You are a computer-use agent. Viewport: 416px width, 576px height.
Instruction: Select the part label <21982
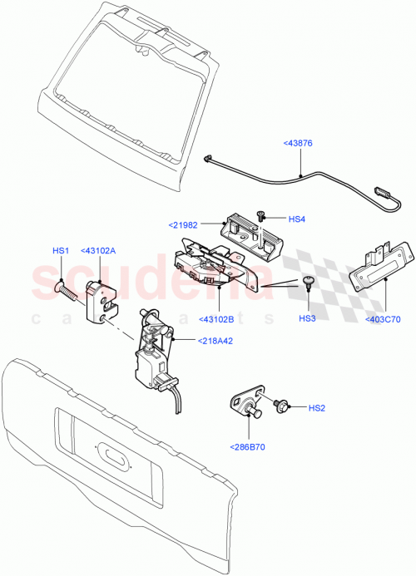182,224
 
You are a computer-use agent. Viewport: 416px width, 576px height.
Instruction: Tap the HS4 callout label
297,219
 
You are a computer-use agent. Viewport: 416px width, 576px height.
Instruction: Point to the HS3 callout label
307,318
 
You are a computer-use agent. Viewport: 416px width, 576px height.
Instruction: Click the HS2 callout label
317,407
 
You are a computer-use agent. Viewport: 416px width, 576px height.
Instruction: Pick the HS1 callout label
61,250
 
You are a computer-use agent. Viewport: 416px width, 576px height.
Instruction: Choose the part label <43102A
98,250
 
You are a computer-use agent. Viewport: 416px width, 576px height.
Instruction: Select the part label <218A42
215,339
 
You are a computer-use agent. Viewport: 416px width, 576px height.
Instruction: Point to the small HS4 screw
261,216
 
